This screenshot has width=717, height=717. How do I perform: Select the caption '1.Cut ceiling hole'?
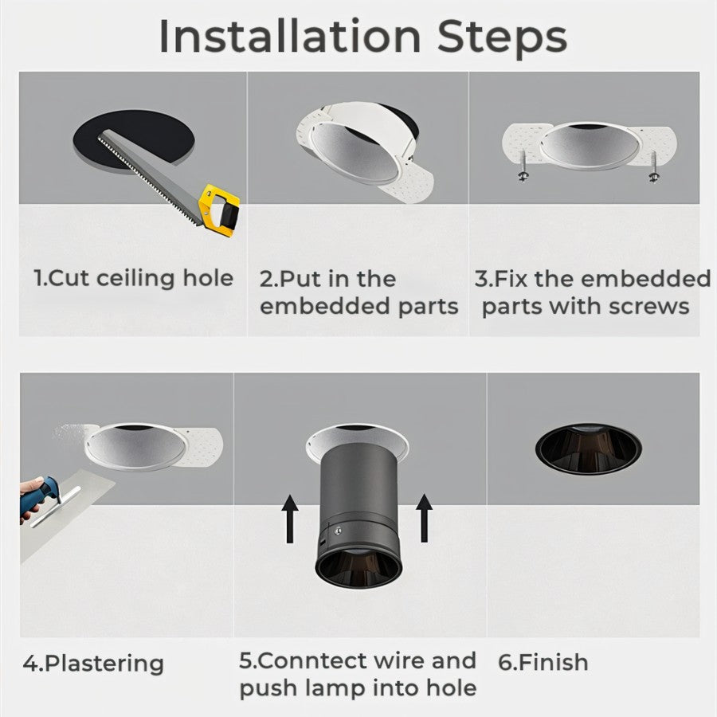pyautogui.click(x=134, y=279)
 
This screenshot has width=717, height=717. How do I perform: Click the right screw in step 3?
pyautogui.click(x=653, y=170)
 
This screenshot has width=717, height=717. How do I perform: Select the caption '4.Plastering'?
pyautogui.click(x=93, y=664)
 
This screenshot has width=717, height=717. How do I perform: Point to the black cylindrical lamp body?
pyautogui.click(x=357, y=494)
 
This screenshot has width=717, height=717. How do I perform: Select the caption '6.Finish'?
pyautogui.click(x=544, y=662)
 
